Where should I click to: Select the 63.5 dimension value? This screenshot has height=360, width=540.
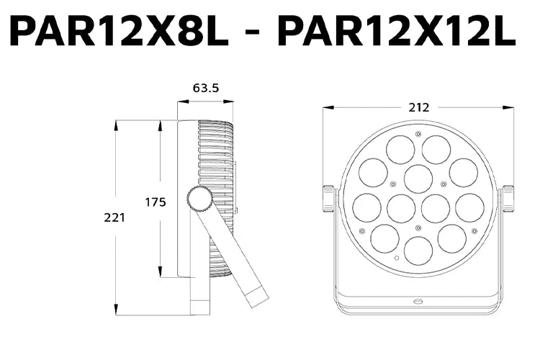click(x=205, y=89)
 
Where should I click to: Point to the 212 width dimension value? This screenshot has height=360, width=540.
click(x=418, y=107)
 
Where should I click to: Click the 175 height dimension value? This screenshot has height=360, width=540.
click(x=156, y=202)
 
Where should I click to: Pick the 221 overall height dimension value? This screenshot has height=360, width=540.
click(x=113, y=217)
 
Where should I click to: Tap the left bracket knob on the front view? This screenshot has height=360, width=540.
click(x=329, y=199)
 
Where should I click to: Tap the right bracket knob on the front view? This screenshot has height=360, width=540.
click(x=508, y=199)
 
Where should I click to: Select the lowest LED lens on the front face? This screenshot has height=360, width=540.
click(x=418, y=250)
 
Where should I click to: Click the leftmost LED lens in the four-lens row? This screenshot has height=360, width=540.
click(x=367, y=208)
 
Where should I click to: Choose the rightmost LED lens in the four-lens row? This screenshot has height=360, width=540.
click(x=469, y=208)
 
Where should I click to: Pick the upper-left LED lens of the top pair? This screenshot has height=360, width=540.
click(x=400, y=150)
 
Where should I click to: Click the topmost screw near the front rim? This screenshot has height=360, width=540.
click(x=418, y=134)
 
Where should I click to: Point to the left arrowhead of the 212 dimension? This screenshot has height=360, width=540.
click(x=325, y=108)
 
